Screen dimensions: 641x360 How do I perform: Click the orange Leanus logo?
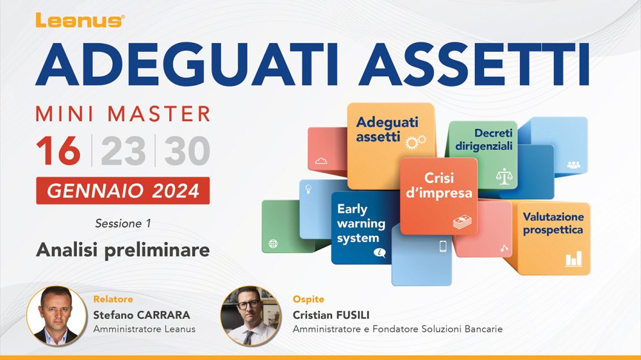(80, 20)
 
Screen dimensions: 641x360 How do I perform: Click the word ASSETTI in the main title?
(474, 64)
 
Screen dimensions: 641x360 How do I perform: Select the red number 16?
(58, 151)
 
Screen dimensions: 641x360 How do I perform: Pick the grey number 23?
(123, 151)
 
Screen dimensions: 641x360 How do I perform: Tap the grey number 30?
(187, 151)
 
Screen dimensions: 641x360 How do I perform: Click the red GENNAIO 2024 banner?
(122, 190)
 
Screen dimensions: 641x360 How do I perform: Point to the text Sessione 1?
(122, 224)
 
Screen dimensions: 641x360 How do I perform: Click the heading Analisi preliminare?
(122, 250)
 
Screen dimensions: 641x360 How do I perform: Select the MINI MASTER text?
(122, 114)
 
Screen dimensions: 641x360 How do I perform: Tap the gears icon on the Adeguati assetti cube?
(416, 142)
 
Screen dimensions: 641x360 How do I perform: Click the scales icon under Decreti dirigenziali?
(504, 176)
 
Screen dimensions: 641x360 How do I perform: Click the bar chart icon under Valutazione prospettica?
(574, 259)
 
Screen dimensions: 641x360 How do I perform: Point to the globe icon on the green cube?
(273, 243)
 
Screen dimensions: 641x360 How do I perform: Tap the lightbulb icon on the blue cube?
(308, 189)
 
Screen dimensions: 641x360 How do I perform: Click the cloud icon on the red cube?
(321, 161)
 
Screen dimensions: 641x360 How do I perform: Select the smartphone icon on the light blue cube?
(443, 246)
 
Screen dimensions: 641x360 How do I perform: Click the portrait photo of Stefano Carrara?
(56, 316)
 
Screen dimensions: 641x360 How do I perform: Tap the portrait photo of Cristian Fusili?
(251, 316)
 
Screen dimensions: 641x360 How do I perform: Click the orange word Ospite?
(308, 299)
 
